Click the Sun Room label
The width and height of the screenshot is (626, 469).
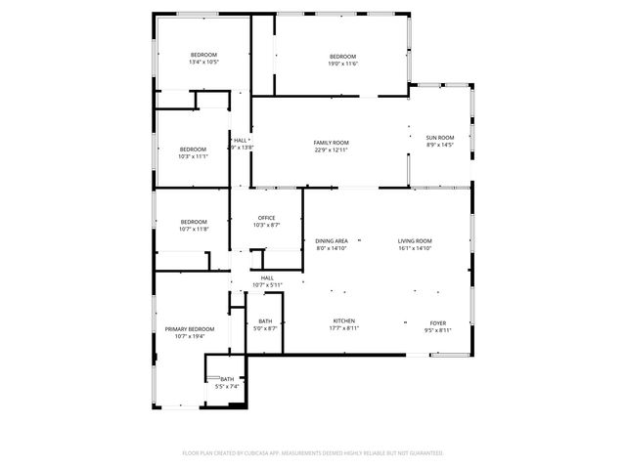coord(439,137)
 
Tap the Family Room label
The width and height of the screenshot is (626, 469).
coord(331,143)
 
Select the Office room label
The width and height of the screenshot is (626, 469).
coord(266,218)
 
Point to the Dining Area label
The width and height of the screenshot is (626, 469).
coord(332,240)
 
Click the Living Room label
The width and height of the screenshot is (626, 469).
coord(415,240)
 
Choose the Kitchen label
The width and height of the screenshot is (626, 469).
coord(342,321)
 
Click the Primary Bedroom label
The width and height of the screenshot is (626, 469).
coord(189,329)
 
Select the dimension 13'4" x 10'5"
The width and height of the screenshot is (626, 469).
coord(203,62)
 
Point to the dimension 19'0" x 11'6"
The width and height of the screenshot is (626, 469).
coord(343,64)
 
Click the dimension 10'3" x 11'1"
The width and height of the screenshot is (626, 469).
coord(193,155)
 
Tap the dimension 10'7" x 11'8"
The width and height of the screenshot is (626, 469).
coord(193,230)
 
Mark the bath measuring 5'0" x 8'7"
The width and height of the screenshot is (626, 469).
coord(266,328)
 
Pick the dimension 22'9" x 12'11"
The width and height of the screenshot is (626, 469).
coord(331,149)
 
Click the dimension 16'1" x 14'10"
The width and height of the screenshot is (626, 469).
coord(415,248)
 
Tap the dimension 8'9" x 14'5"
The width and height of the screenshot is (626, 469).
coord(439,145)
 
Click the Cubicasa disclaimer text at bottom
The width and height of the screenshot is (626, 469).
coord(313,452)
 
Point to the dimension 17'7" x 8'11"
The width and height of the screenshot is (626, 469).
coord(342,329)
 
